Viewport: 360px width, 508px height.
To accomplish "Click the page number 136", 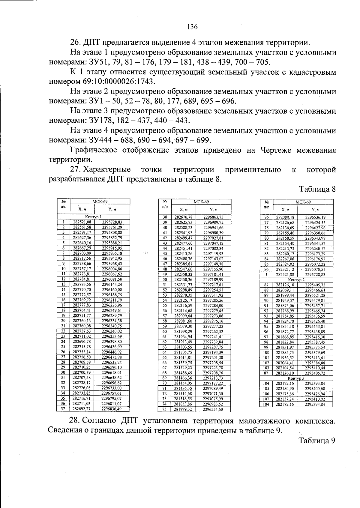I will [x=192, y=27].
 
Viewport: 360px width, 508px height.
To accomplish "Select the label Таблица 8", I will [x=317, y=189].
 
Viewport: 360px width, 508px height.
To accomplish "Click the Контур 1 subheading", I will [x=93, y=217].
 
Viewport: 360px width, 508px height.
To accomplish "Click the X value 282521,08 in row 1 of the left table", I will [x=82, y=222].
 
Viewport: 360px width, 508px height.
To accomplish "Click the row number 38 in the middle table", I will [x=164, y=217].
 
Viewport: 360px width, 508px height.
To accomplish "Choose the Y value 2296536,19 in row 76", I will [x=315, y=217].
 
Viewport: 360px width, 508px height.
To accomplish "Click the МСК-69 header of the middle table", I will [x=201, y=202].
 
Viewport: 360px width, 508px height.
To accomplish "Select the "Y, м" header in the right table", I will [x=315, y=210].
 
